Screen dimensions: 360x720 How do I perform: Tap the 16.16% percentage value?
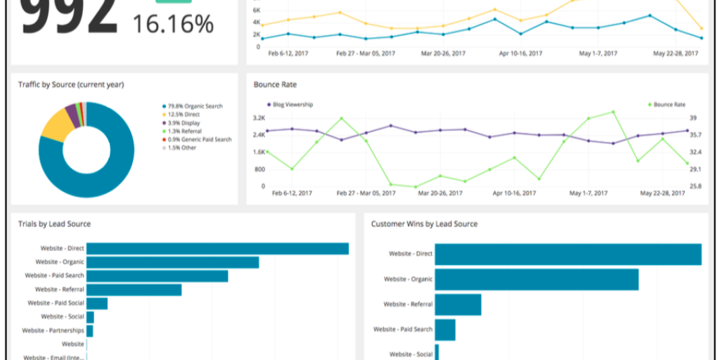click(x=173, y=25)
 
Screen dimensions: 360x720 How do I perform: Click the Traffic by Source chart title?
click(x=71, y=84)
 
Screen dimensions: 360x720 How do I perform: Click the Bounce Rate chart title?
click(x=275, y=84)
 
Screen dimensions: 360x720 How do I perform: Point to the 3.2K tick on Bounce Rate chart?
click(x=259, y=118)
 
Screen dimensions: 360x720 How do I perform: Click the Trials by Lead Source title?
click(x=54, y=224)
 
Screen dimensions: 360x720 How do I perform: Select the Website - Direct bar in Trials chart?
click(x=217, y=248)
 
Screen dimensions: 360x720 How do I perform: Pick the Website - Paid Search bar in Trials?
click(x=157, y=276)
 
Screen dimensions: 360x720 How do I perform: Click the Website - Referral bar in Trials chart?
click(x=134, y=290)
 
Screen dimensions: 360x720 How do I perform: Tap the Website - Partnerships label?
click(x=53, y=330)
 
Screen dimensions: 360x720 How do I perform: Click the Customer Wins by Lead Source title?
click(x=424, y=224)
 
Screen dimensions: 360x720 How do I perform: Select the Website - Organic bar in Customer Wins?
click(x=536, y=279)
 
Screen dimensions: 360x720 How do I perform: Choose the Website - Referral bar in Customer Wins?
click(x=458, y=304)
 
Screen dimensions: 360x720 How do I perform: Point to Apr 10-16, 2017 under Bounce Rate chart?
click(x=517, y=193)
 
